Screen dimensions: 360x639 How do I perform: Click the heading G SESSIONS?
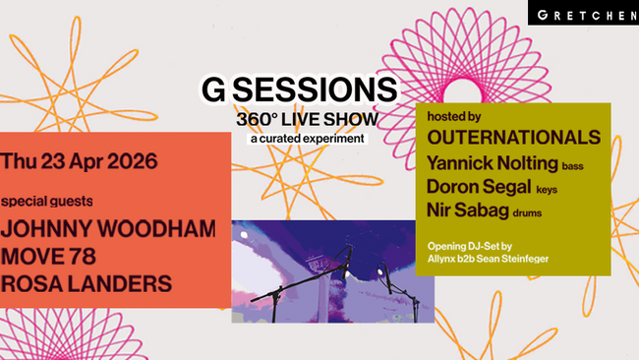click(x=299, y=90)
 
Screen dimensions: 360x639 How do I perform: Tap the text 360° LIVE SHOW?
click(x=307, y=119)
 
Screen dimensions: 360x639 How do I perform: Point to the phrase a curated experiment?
click(x=307, y=138)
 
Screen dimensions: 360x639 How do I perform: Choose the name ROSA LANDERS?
click(x=87, y=283)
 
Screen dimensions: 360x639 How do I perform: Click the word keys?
click(x=547, y=190)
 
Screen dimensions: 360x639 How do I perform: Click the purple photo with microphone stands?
click(x=332, y=271)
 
